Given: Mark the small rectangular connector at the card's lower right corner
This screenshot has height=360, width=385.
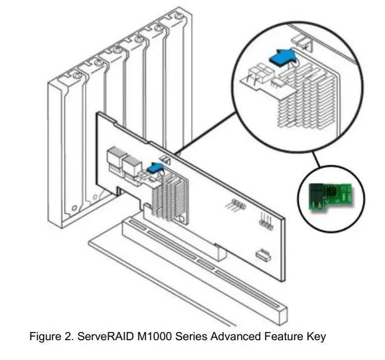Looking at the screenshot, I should coord(263,254).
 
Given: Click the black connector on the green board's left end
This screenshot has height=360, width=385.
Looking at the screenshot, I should coord(313,197).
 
